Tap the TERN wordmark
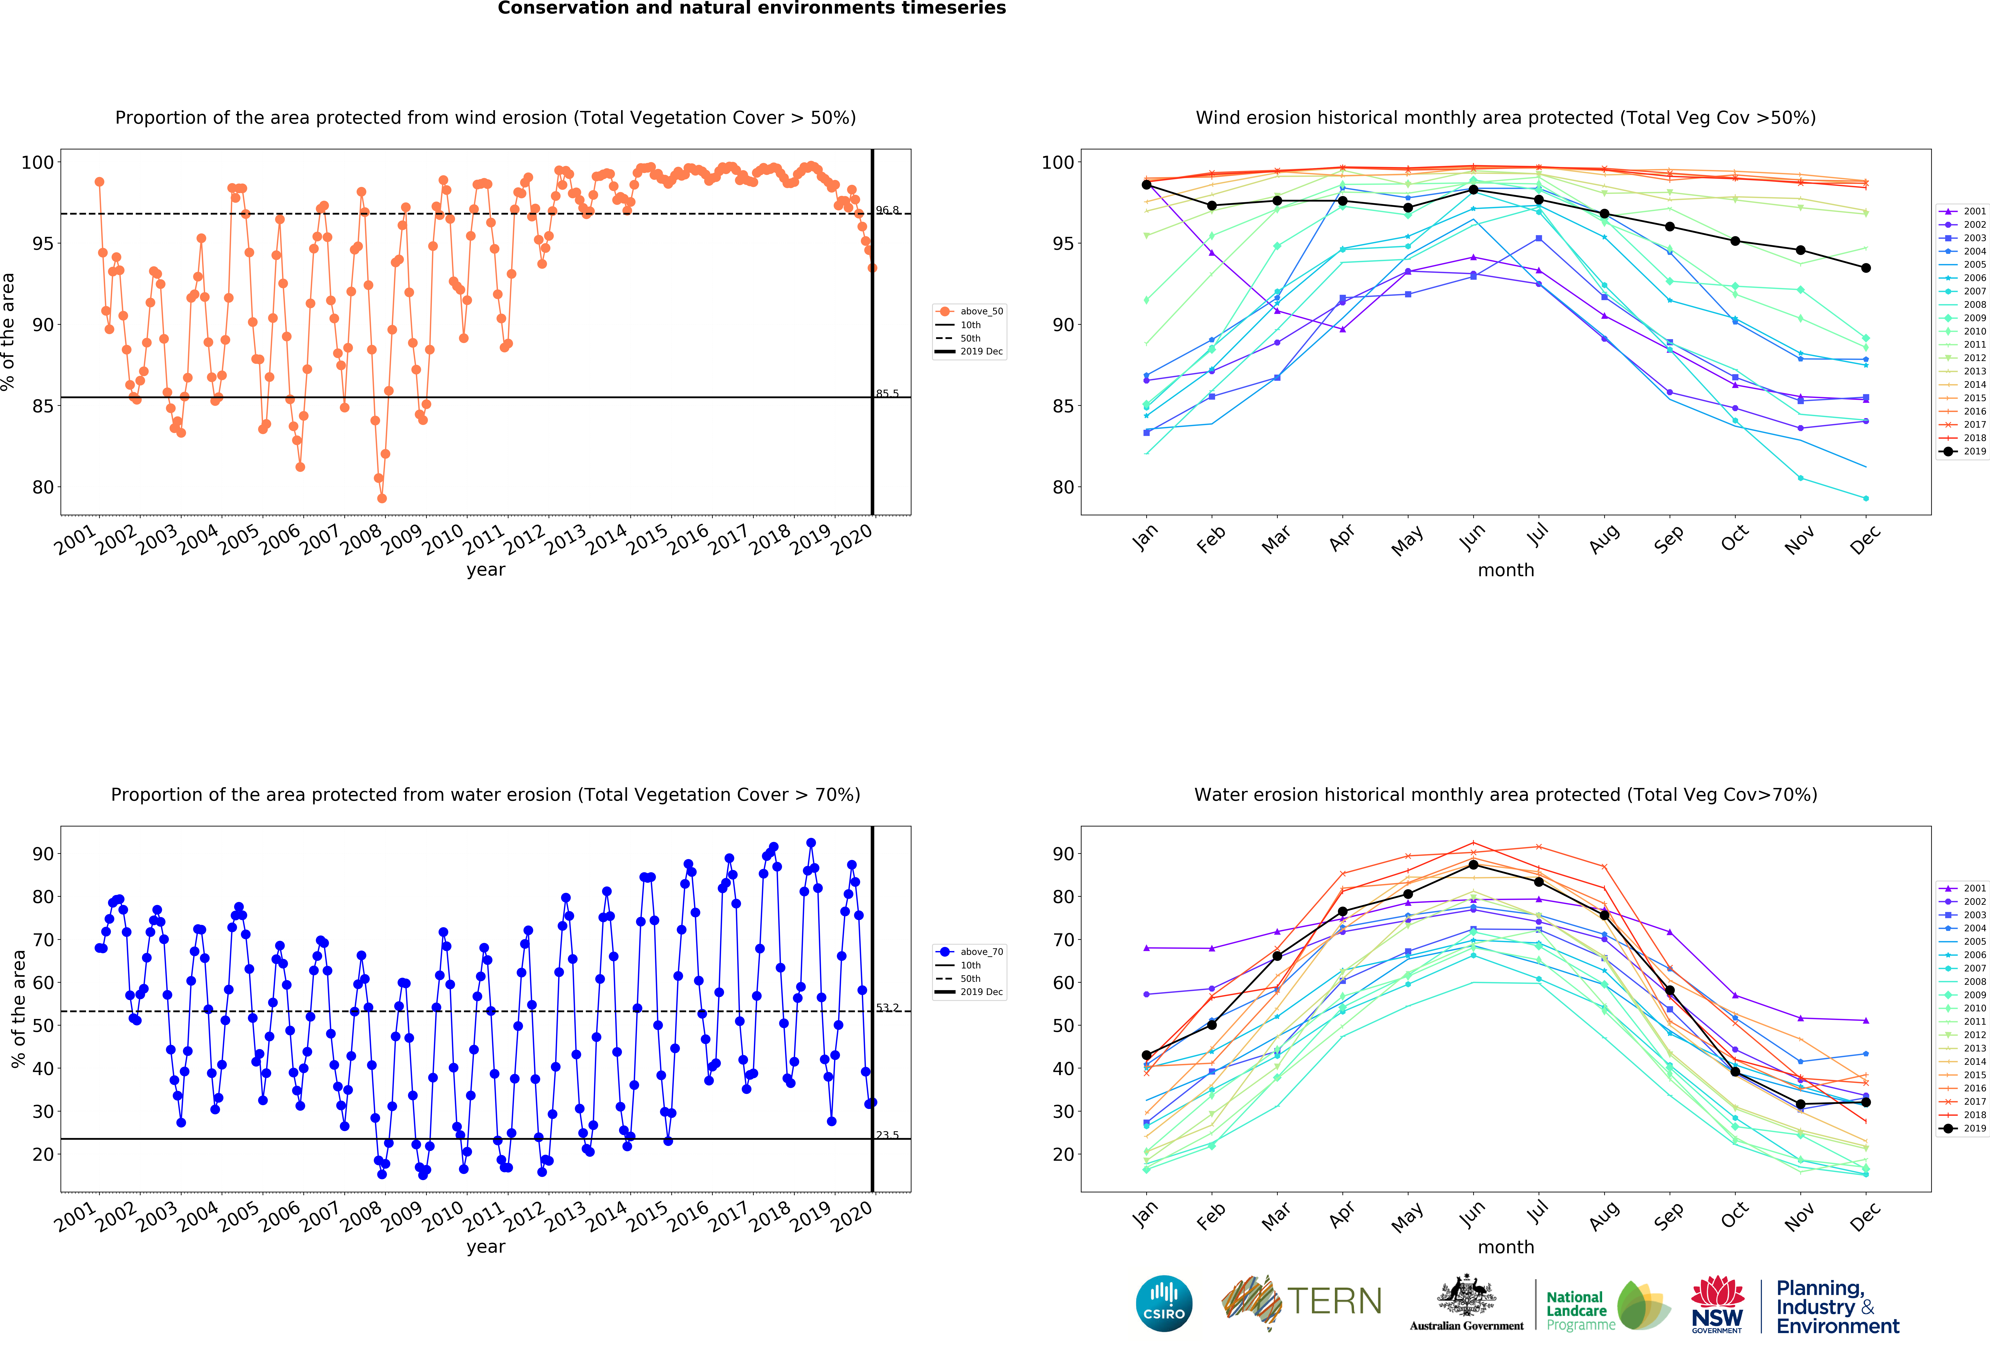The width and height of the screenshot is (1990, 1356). point(1334,1301)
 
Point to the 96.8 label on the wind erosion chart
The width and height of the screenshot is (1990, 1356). point(887,210)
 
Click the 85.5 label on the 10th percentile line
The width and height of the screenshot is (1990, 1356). point(887,394)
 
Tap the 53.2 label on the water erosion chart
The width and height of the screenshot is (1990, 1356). point(887,1008)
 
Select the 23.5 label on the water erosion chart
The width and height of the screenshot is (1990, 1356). point(887,1135)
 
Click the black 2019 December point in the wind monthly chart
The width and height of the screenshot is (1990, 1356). point(1866,268)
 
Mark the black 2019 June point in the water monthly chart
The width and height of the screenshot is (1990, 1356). point(1473,865)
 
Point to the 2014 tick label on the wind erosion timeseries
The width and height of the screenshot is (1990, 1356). point(606,539)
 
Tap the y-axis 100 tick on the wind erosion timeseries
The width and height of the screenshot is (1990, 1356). point(37,163)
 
